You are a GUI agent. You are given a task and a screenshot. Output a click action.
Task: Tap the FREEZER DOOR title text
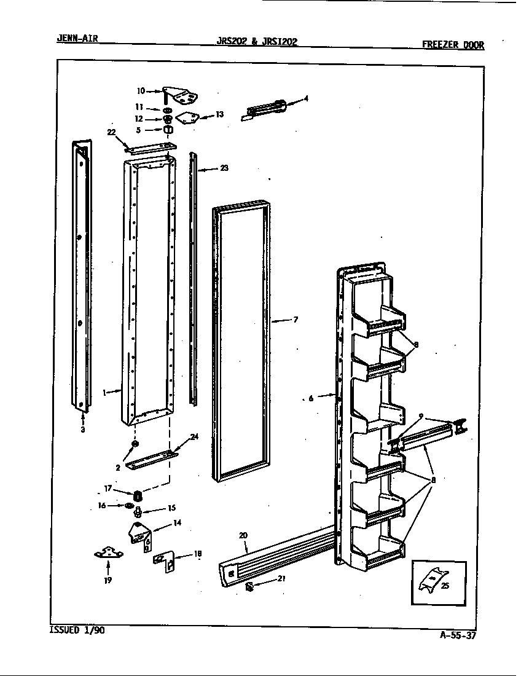[453, 44]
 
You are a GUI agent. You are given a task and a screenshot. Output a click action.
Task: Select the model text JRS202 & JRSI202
[257, 42]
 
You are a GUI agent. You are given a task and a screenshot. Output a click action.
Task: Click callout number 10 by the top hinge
[141, 91]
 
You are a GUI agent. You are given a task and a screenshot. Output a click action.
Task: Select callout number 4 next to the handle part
[306, 98]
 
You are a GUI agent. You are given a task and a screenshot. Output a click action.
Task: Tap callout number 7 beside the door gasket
[296, 320]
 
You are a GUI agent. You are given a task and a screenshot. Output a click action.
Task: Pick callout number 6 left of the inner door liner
[311, 398]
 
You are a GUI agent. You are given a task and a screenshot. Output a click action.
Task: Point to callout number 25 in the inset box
[445, 586]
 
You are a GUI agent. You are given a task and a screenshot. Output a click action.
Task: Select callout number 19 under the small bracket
[108, 580]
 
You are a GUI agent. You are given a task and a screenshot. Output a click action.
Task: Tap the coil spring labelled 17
[138, 495]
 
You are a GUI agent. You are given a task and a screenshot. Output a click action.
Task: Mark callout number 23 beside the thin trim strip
[224, 168]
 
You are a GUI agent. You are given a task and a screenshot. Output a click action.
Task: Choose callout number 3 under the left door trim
[82, 430]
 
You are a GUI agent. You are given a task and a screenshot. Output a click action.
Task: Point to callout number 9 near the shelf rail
[420, 417]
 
